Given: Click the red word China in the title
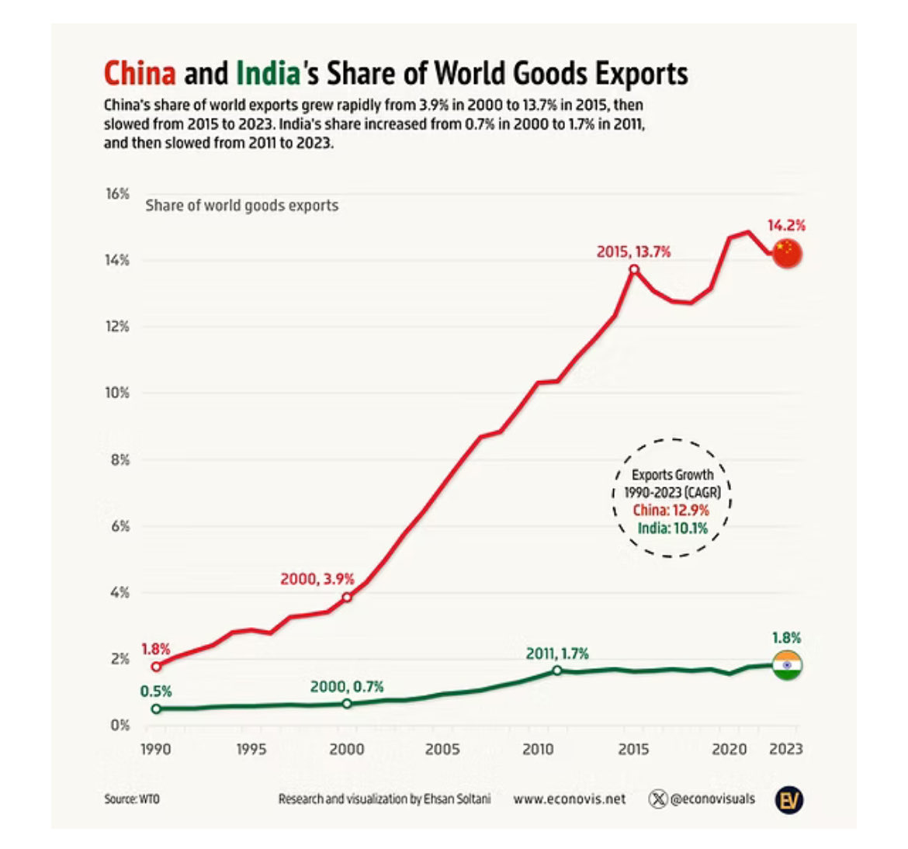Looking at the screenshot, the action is [140, 74].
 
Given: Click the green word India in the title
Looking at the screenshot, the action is [268, 74].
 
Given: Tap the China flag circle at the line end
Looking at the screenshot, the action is [787, 253].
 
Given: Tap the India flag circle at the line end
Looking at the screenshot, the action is [787, 665].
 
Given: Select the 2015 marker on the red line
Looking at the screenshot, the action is [634, 269].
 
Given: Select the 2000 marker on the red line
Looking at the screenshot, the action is [346, 597].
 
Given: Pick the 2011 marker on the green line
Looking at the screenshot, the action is [557, 670].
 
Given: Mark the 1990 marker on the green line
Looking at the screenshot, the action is [156, 709].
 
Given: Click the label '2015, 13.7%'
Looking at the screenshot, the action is [633, 252].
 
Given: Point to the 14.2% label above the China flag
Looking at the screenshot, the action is [786, 225].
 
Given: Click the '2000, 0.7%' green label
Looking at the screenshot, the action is [347, 687].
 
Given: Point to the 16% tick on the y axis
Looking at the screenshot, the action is [117, 194].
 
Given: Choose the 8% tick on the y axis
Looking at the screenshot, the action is [120, 460].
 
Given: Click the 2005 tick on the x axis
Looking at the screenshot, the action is [442, 750].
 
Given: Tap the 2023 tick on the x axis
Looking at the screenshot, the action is [786, 750].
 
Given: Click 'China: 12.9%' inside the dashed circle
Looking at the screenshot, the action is [671, 510].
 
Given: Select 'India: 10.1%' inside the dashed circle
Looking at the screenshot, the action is [672, 528].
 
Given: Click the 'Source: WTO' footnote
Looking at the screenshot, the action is [132, 799].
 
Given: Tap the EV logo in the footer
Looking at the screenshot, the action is [788, 800].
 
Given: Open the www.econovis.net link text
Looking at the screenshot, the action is [569, 799].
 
